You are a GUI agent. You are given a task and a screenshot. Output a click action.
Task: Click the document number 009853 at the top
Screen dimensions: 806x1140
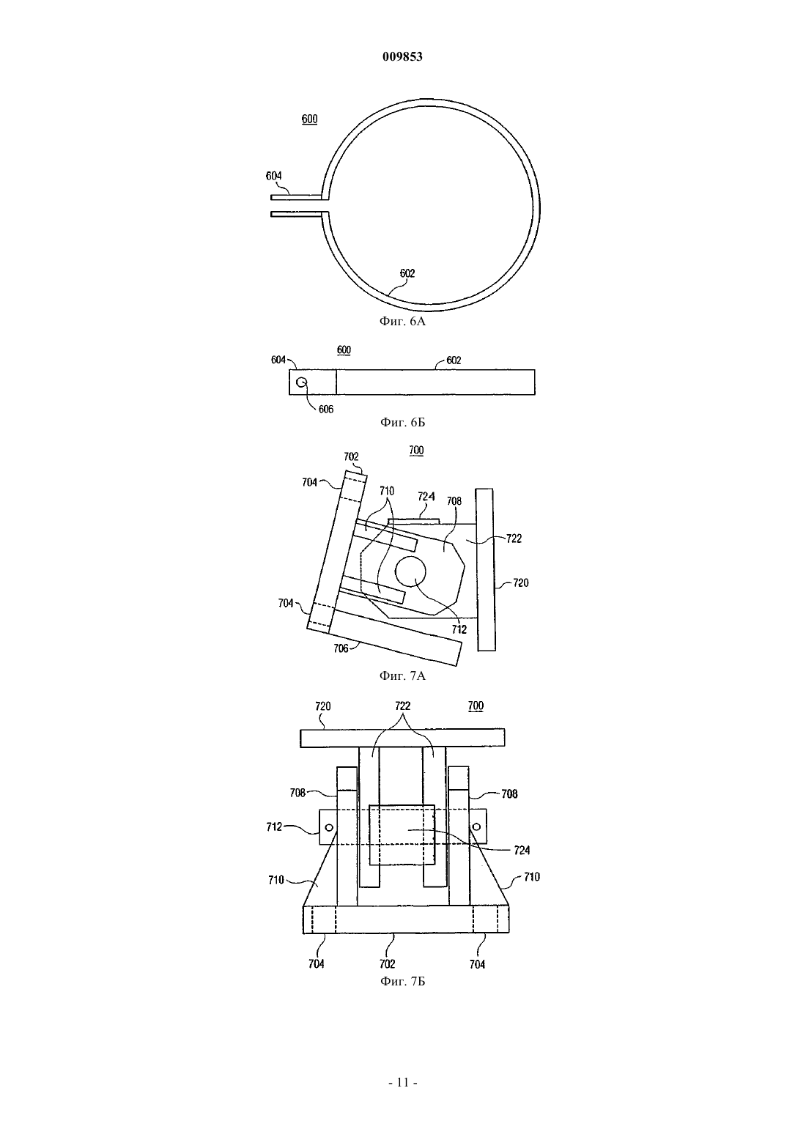(402, 56)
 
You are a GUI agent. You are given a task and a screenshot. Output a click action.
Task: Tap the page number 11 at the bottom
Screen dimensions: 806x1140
(403, 1082)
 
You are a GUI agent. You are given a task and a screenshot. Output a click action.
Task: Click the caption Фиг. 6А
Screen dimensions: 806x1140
(402, 321)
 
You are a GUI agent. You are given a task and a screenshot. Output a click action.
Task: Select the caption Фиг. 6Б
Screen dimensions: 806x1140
(402, 422)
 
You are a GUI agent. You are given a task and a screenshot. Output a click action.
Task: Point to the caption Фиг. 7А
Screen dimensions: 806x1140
(402, 676)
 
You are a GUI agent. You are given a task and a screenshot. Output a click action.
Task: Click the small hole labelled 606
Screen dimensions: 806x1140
(302, 382)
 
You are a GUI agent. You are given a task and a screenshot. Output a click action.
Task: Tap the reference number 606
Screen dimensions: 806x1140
(325, 409)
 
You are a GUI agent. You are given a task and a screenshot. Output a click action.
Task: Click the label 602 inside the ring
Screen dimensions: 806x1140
(407, 273)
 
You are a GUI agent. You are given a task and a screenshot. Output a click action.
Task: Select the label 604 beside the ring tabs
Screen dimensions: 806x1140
(274, 176)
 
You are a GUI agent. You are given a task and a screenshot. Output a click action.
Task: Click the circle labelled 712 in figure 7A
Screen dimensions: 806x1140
(410, 571)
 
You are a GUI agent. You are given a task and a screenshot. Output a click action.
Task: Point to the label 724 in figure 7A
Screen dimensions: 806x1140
(426, 496)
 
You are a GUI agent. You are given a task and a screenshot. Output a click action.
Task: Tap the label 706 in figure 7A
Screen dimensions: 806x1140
(341, 648)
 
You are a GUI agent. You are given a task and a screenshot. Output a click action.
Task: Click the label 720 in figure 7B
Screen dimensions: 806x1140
(323, 706)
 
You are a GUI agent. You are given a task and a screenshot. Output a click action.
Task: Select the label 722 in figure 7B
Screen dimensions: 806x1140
(402, 706)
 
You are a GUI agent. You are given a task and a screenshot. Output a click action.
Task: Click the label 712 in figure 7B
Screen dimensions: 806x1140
(274, 827)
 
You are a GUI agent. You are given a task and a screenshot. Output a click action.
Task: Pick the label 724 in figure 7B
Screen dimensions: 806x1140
(522, 850)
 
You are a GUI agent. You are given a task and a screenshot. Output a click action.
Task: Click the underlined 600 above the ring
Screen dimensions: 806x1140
(309, 119)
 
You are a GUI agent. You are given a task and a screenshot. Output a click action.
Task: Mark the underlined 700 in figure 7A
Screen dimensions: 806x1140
(416, 451)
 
